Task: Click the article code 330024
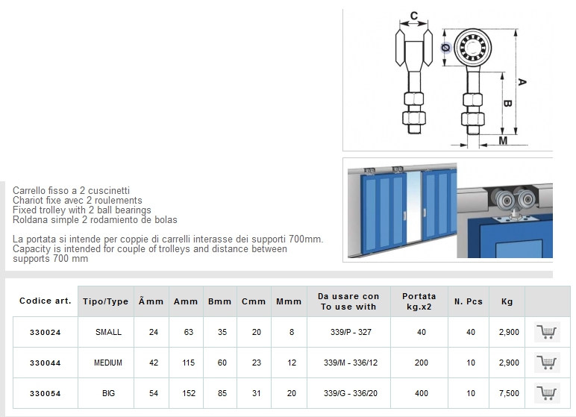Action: point(46,333)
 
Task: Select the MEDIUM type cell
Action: point(108,363)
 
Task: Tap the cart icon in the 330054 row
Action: point(547,393)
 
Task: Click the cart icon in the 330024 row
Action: point(547,332)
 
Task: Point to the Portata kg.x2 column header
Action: point(419,301)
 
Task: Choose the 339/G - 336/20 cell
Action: point(351,393)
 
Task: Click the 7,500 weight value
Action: point(509,393)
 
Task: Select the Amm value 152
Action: point(189,393)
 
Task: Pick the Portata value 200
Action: point(422,363)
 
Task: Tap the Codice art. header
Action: point(46,301)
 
